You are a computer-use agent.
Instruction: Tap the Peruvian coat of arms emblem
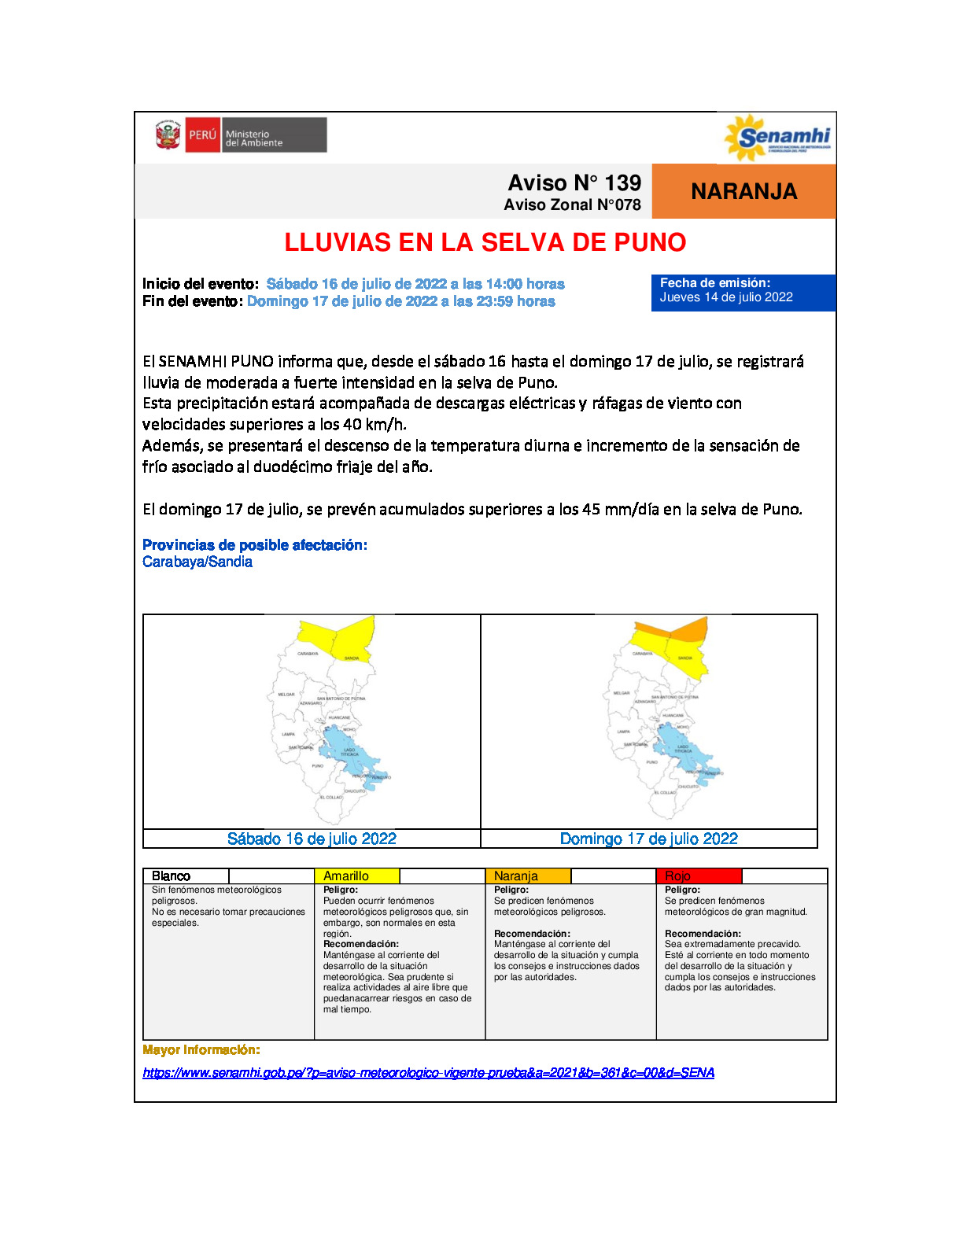[168, 135]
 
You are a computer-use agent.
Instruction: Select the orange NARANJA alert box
[743, 191]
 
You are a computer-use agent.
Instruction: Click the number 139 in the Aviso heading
[623, 182]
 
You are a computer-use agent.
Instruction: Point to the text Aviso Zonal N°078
[572, 205]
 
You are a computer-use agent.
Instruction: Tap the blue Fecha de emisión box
[743, 293]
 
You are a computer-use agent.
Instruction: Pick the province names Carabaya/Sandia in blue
[197, 562]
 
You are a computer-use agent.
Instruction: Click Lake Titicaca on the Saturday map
[346, 751]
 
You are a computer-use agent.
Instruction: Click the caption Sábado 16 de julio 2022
[312, 839]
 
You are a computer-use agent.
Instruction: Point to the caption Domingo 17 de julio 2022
[648, 839]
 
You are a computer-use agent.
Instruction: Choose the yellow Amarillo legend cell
[356, 876]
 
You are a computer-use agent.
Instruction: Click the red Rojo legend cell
[698, 876]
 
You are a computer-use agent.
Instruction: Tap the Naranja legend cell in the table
[528, 876]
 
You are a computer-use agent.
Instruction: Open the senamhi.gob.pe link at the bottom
[428, 1072]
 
